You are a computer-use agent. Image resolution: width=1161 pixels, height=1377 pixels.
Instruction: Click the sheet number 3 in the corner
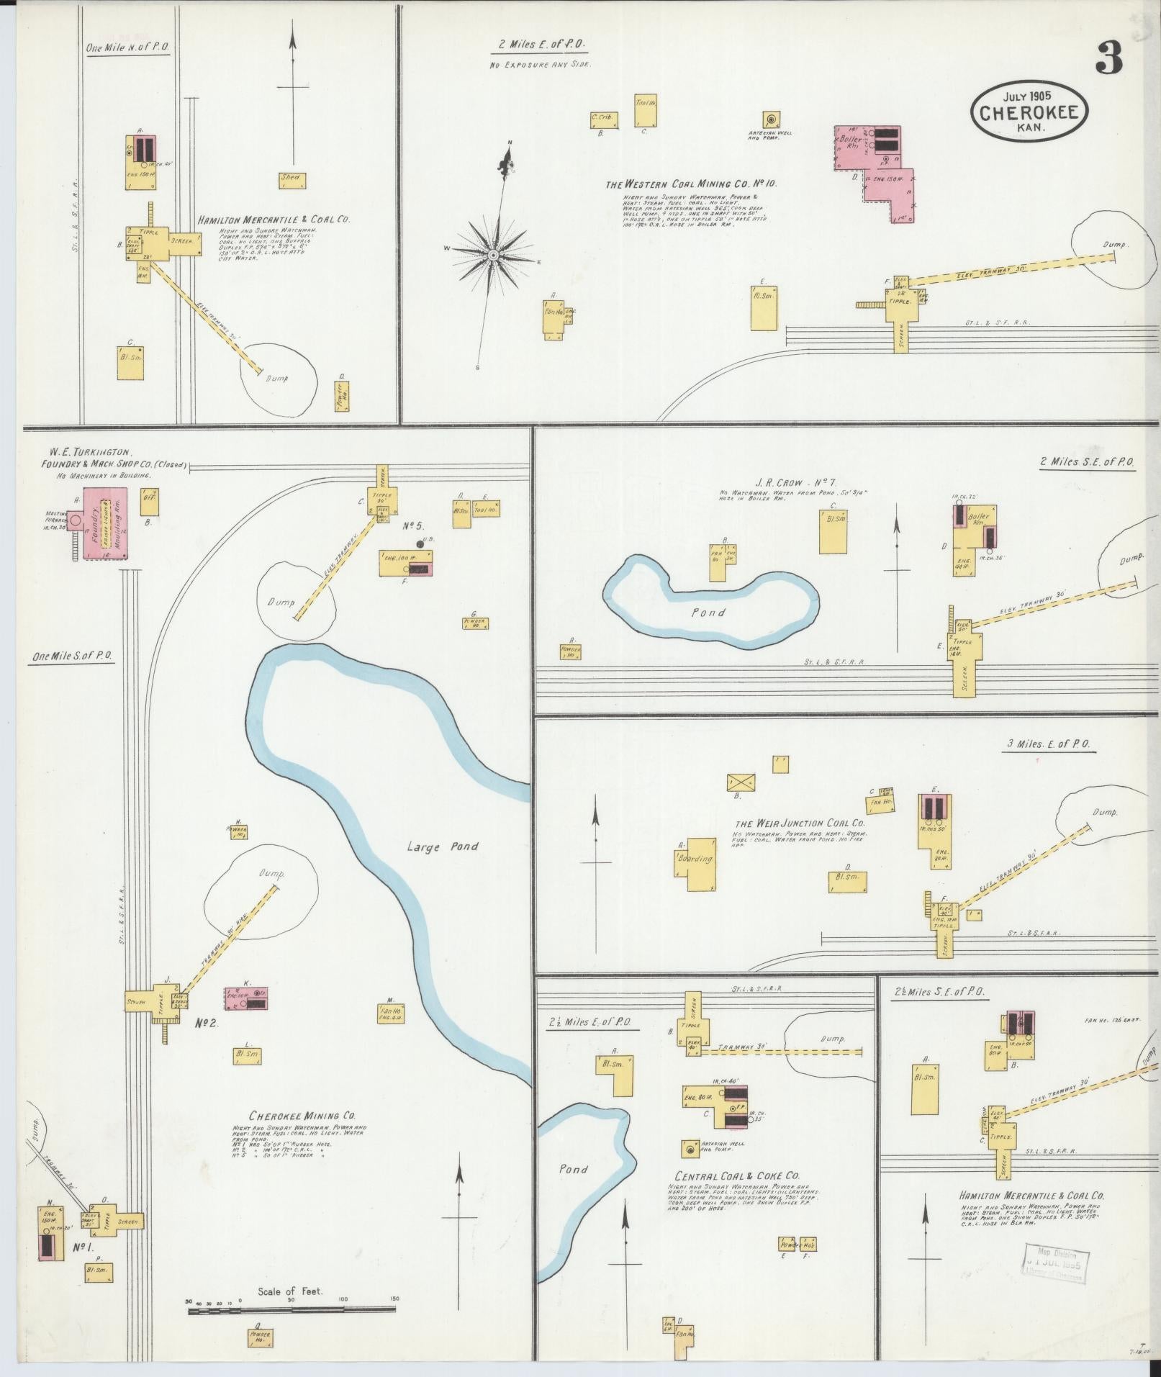pos(1108,58)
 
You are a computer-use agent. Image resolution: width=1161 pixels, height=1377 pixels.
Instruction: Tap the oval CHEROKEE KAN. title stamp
pos(1029,112)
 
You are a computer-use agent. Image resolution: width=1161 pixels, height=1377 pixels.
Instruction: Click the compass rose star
pos(493,256)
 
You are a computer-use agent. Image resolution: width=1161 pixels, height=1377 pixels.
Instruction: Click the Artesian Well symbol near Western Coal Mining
pos(773,119)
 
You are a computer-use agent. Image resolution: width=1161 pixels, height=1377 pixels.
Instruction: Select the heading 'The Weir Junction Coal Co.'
pos(799,823)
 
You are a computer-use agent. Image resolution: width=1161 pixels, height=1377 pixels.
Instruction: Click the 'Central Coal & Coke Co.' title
pos(734,1175)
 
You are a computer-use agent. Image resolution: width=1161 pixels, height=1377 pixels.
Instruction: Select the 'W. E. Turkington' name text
pos(91,453)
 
